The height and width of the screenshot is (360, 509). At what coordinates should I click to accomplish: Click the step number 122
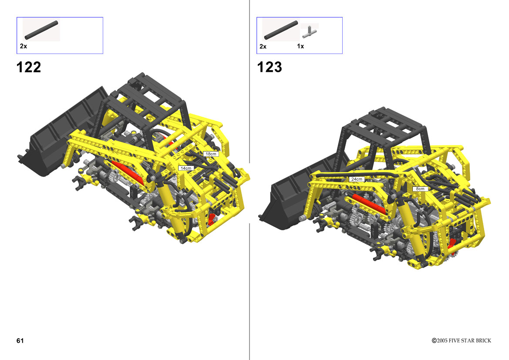29,67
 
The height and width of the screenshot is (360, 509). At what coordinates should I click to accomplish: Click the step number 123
270,67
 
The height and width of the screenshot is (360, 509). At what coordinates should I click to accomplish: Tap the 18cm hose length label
211,154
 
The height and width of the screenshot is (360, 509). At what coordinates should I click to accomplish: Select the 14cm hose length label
186,168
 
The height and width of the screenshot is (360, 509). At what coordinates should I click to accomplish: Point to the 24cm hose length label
357,179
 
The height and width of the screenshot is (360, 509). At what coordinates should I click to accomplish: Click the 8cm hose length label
420,188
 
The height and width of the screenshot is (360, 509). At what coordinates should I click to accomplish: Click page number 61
20,340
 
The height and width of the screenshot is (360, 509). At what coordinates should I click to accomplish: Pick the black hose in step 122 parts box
41,30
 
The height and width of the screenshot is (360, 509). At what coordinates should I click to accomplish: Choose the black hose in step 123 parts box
281,30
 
